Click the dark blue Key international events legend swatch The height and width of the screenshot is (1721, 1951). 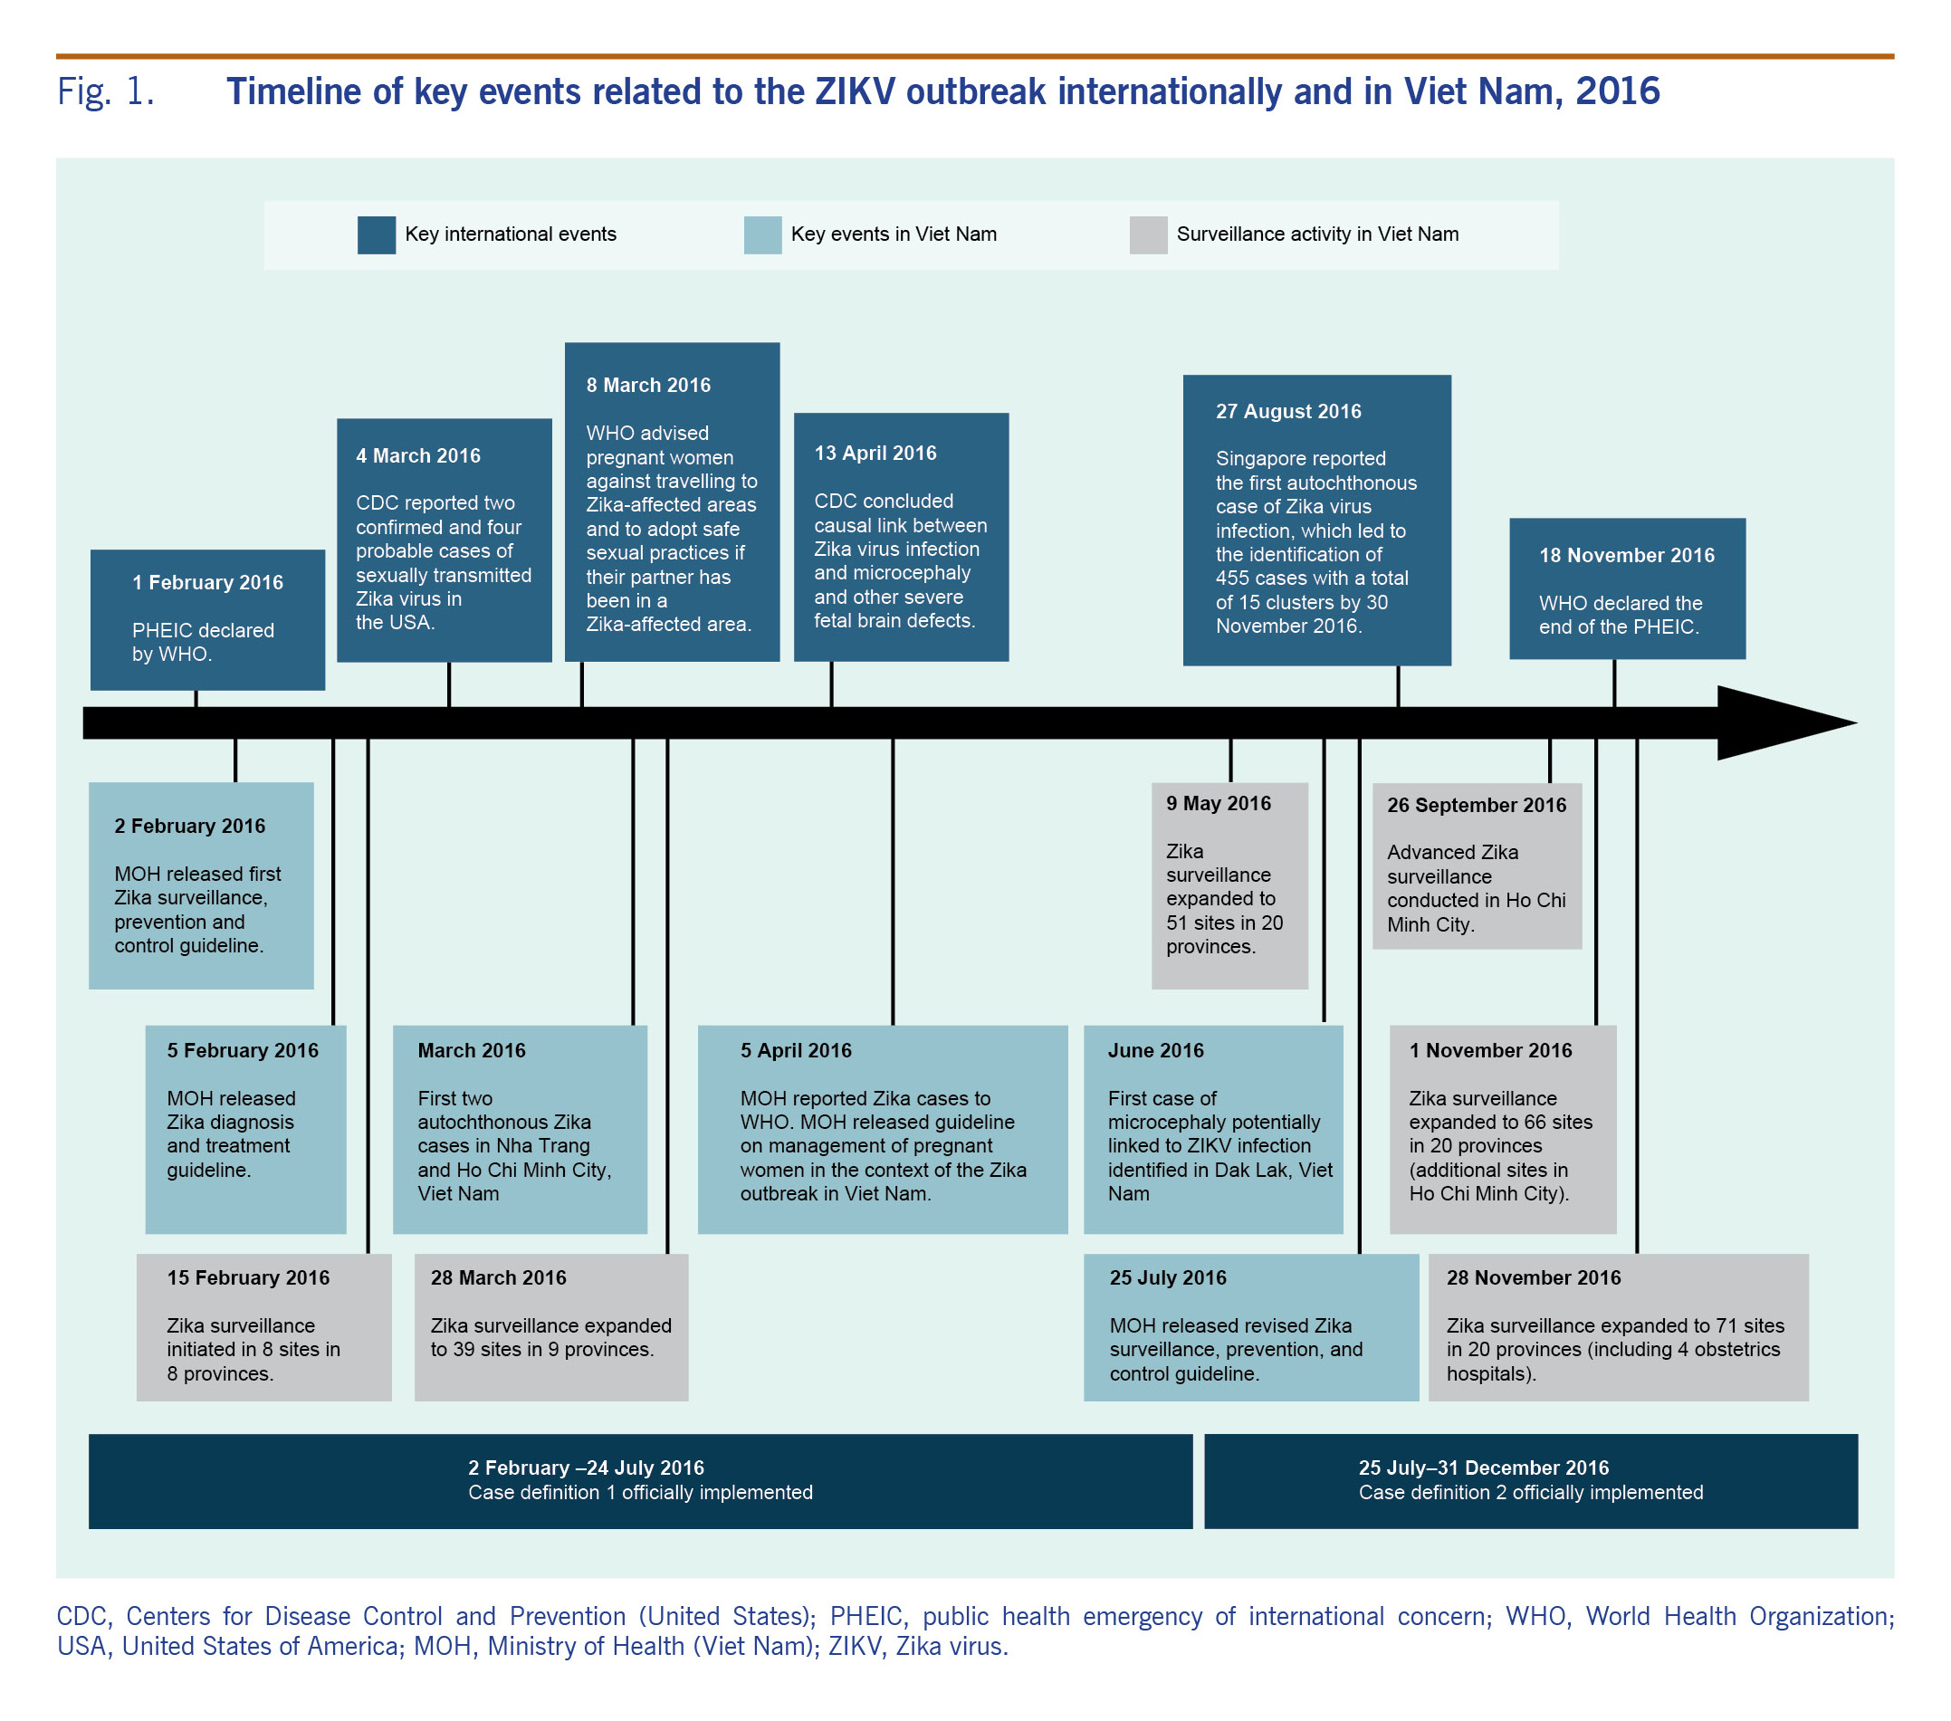[376, 234]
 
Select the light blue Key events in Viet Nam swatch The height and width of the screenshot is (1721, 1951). [761, 234]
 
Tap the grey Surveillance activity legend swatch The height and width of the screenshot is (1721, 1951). [1147, 234]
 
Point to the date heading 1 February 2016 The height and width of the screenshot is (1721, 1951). [207, 582]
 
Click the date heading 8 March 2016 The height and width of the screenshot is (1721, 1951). [648, 386]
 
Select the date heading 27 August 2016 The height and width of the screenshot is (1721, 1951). [1287, 411]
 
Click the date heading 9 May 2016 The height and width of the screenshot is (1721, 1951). [1218, 804]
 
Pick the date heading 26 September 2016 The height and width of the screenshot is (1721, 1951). [1476, 805]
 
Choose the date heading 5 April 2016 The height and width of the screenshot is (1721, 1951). [795, 1050]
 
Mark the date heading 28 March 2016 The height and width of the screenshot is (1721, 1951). [497, 1277]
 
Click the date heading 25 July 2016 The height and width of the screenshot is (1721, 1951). [1167, 1277]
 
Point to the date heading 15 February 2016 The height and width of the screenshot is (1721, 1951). [248, 1277]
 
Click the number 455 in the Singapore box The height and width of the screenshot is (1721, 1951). [1233, 578]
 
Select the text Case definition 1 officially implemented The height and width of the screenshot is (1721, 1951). [639, 1492]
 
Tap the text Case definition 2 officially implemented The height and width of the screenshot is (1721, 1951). [1530, 1492]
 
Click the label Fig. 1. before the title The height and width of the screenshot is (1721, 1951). [105, 92]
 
